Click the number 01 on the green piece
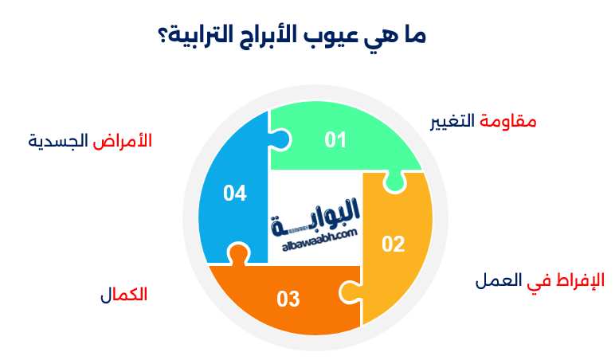(335, 140)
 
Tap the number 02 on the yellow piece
(394, 245)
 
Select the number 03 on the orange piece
(288, 299)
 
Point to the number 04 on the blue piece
(234, 193)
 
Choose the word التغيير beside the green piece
(452, 122)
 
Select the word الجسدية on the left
(58, 142)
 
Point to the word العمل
(499, 281)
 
